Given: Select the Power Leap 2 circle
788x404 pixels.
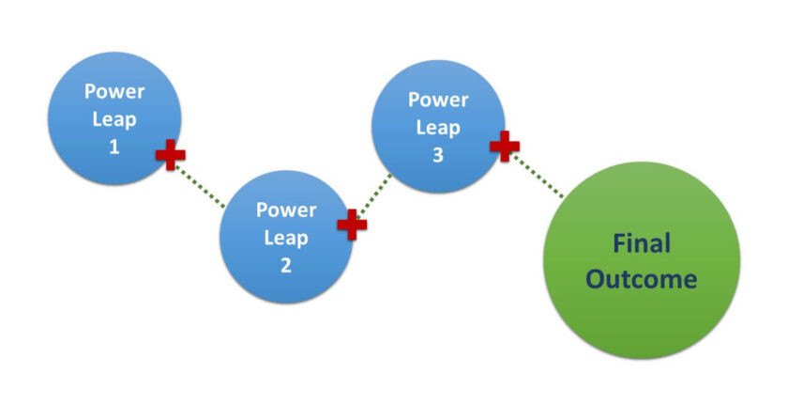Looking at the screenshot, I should point(286,237).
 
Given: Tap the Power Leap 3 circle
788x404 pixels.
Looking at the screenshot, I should point(438,127).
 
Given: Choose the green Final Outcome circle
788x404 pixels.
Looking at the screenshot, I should point(642,260).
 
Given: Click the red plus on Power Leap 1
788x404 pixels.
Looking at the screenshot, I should point(170,153).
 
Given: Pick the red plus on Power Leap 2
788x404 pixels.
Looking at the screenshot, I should point(352,225).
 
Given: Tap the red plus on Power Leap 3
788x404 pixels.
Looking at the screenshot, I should point(505,145).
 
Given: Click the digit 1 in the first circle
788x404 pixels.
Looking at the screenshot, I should point(114,147).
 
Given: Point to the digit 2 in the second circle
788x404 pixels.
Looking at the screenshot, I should point(286,265).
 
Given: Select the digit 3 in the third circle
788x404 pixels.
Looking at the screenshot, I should point(438,155).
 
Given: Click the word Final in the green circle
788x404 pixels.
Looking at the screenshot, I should point(642,244).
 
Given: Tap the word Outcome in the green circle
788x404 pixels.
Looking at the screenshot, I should point(642,279).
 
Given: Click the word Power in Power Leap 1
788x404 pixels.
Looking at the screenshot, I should point(114,92).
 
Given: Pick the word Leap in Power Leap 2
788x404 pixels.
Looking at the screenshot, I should point(286,238).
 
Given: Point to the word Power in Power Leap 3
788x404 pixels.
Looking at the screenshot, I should point(438,100).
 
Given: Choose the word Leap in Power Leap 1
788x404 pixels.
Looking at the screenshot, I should point(114,119).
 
